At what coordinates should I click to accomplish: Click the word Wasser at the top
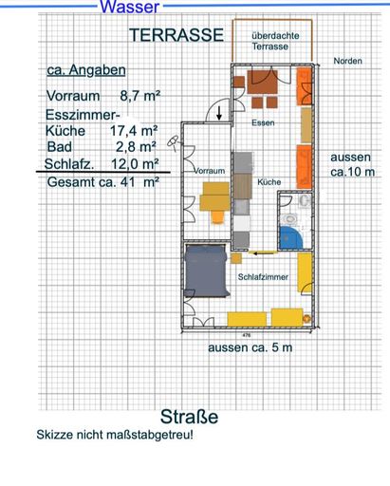click(x=130, y=7)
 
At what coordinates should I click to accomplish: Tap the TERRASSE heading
click(x=176, y=35)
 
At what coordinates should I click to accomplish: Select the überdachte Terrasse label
click(x=275, y=41)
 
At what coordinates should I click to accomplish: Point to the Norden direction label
click(x=347, y=61)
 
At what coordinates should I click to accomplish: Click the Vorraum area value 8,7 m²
click(x=140, y=95)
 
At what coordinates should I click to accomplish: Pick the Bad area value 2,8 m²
click(x=136, y=147)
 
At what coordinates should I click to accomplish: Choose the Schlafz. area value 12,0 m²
click(x=135, y=164)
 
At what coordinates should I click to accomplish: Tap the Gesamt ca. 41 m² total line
click(x=103, y=182)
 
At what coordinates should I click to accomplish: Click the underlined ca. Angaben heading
click(x=86, y=70)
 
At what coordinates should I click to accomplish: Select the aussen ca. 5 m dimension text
click(x=250, y=347)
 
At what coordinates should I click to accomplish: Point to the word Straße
click(x=189, y=417)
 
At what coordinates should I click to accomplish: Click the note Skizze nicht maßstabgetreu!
click(x=115, y=435)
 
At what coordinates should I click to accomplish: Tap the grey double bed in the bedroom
click(x=207, y=271)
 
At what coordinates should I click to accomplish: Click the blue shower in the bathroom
click(x=290, y=237)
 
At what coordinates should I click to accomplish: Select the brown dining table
click(x=262, y=82)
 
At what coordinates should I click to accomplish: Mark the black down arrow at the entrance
click(x=219, y=113)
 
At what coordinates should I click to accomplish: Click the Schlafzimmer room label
click(x=263, y=277)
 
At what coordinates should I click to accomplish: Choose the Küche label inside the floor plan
click(x=269, y=182)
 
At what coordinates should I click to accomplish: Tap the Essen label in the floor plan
click(x=263, y=122)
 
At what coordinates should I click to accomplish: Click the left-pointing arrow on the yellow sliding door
click(x=262, y=252)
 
